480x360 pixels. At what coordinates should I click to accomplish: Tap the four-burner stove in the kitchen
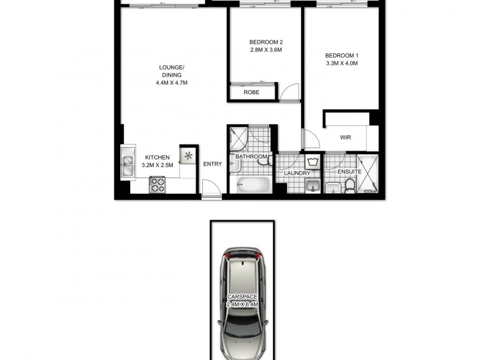pos(157,184)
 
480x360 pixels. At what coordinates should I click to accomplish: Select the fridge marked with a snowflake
pos(188,157)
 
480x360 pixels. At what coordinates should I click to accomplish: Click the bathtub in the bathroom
pos(251,184)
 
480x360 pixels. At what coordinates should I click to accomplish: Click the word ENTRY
pos(212,164)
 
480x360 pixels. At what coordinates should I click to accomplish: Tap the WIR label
pos(345,137)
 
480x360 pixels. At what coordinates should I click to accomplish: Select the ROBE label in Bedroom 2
pos(251,92)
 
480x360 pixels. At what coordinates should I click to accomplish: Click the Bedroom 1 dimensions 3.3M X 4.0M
pos(341,63)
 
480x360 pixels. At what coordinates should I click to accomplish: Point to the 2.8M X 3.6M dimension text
pos(266,50)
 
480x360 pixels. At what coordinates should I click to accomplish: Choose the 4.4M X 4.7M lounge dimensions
pos(172,83)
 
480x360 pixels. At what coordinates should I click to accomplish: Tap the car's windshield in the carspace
pos(243,272)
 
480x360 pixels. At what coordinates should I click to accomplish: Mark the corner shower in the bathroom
pos(239,137)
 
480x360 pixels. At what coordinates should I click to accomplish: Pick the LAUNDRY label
pos(298,173)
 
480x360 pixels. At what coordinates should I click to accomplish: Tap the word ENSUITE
pos(349,172)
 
